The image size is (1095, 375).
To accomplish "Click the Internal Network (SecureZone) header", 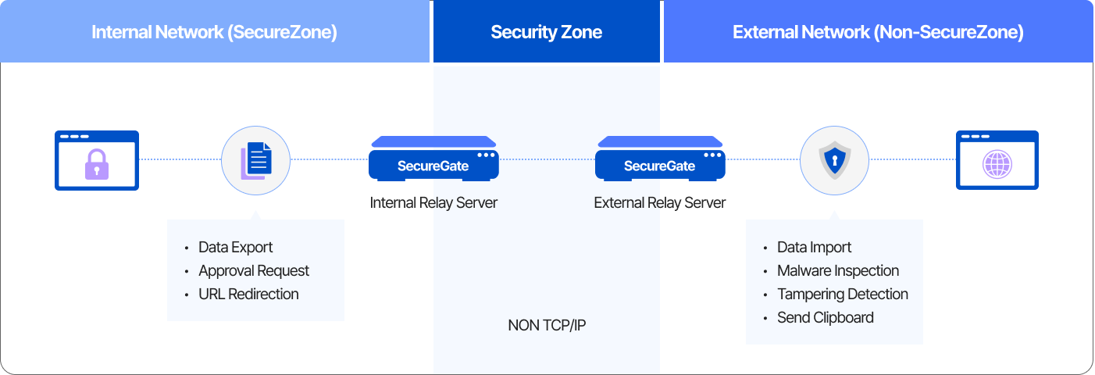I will click(x=214, y=32).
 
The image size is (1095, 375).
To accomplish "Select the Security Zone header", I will click(x=546, y=32).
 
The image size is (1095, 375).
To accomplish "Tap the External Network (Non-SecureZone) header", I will click(x=878, y=32).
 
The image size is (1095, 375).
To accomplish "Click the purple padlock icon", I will click(x=97, y=164).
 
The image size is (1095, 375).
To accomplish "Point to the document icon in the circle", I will click(x=256, y=159).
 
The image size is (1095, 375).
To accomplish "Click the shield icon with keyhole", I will click(x=834, y=160).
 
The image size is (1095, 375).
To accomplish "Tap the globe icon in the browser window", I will click(x=997, y=165).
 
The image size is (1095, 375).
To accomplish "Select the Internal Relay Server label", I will click(x=433, y=203).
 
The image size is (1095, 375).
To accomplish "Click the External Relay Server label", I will click(x=660, y=203).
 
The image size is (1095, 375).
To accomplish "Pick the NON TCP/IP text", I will click(x=547, y=325).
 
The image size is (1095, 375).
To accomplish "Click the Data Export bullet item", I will click(x=235, y=248).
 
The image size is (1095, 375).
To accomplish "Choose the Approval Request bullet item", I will click(x=254, y=271).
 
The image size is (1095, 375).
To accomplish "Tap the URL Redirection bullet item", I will click(x=248, y=295).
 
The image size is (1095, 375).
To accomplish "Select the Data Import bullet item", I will click(x=814, y=248).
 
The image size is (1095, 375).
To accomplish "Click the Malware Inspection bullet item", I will click(x=838, y=271).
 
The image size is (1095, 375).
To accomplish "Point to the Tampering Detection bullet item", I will click(x=842, y=295).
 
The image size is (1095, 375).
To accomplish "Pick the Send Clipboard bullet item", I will click(x=825, y=318).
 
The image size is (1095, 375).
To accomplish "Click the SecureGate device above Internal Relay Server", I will click(x=433, y=159).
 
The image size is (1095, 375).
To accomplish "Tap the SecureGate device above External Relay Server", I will click(x=660, y=159).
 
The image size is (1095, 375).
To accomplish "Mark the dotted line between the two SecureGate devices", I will click(x=547, y=159).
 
